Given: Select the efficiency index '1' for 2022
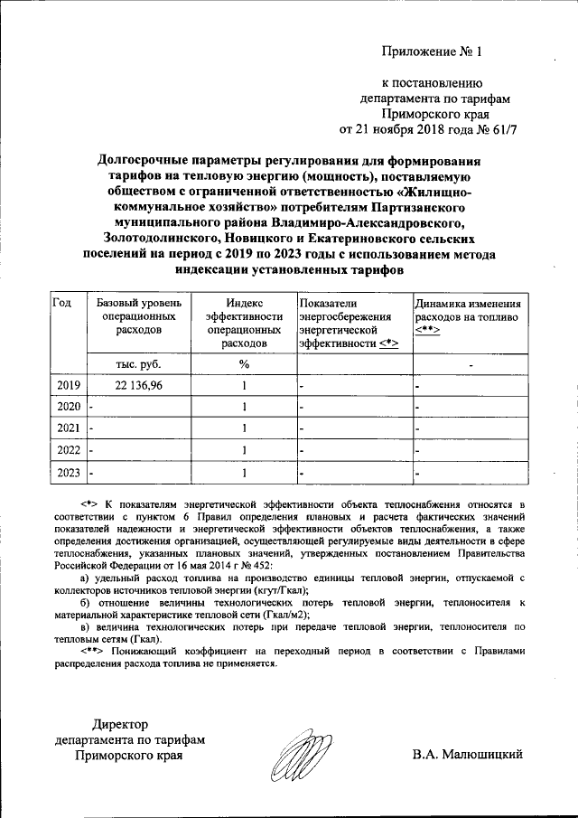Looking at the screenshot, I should point(244,449).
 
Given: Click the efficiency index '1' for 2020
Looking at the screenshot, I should point(244,407).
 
